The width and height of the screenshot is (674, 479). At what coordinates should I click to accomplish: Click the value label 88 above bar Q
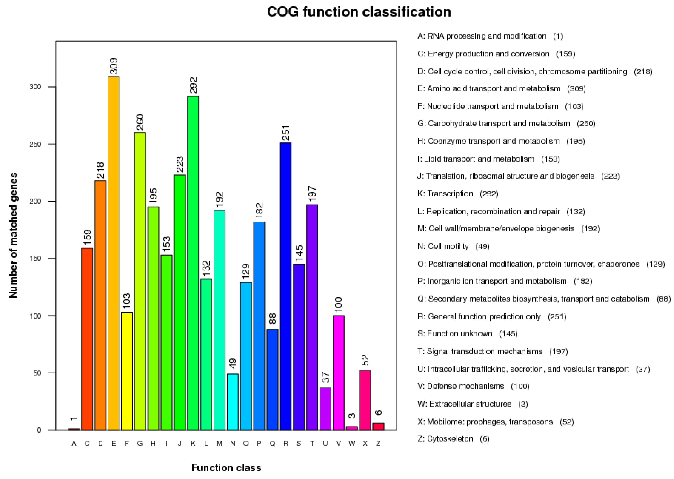point(272,319)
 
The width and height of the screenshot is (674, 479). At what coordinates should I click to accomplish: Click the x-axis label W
point(352,443)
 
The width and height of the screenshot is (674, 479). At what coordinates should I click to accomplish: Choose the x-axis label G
point(140,443)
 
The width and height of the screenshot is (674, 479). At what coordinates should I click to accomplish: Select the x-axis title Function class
point(226,468)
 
